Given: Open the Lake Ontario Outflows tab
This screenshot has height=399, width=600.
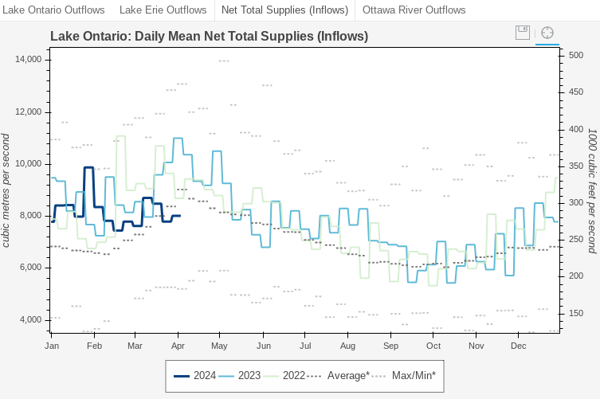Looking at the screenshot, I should pos(55,10).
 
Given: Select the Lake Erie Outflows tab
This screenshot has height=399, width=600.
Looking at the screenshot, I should pos(163,10).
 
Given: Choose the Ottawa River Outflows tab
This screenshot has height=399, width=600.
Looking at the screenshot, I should pos(414,10).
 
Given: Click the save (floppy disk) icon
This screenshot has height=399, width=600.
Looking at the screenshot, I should pos(523,33).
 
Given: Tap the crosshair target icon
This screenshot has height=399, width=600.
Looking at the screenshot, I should pos(547,33).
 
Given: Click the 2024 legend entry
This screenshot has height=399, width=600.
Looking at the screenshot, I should pos(195,376).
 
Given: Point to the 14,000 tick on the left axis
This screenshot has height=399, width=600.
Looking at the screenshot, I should pos(29,60).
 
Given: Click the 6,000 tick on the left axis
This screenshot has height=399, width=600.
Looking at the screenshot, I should pos(31,268).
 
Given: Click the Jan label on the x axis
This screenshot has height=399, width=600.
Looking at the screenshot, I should pos(53,346).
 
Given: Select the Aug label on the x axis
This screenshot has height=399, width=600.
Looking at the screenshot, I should pos(347,346).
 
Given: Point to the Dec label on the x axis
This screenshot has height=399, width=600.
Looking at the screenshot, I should pos(519,346).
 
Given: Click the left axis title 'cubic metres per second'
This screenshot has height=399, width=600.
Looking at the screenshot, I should pos(6,190).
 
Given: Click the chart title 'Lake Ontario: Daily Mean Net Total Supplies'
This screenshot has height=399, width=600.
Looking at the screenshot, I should pos(209,37).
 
